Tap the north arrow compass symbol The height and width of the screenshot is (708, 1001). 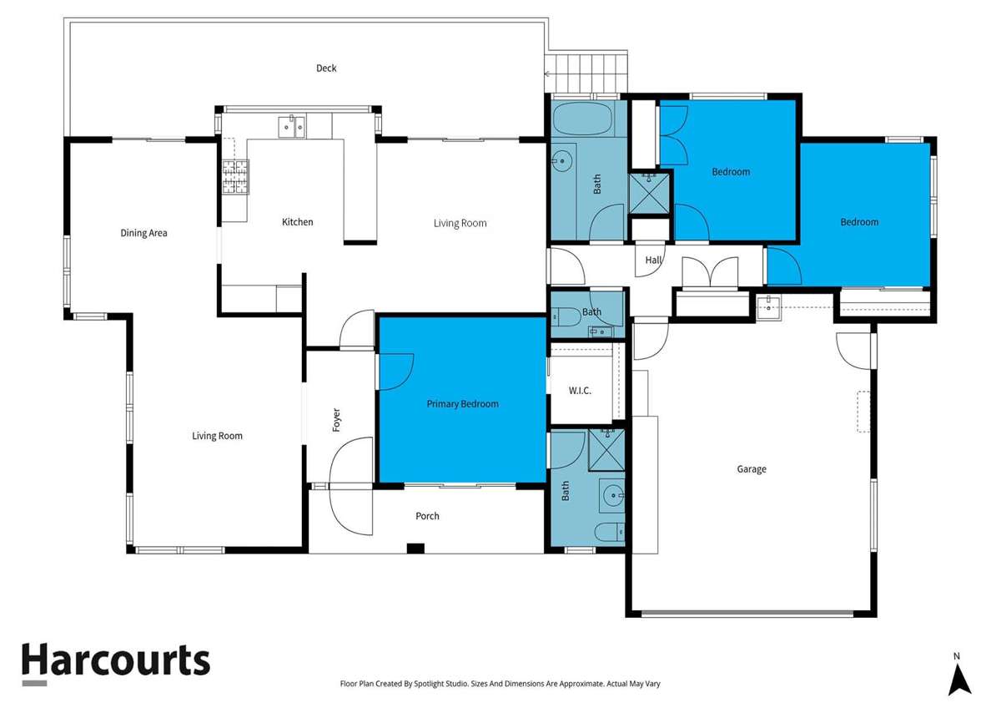959,675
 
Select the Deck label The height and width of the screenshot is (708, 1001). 326,68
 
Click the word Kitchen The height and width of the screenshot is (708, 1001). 297,222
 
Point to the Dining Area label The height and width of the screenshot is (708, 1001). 144,233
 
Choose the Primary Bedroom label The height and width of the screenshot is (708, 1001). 462,404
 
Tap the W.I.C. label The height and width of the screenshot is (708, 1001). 580,391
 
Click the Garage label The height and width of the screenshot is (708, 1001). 751,469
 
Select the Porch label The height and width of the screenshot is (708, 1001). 427,516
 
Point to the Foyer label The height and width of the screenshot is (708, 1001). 337,419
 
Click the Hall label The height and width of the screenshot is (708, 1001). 653,260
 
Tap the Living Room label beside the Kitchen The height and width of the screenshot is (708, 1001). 460,223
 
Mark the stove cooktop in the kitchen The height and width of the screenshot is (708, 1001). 234,177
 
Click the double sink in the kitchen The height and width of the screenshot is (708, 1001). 292,127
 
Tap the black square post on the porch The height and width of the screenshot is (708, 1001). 415,549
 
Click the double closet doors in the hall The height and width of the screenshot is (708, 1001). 709,272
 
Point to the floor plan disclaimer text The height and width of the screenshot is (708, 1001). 500,683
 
